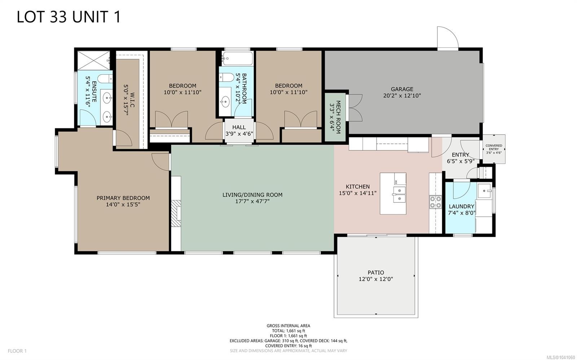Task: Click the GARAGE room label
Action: (402, 89)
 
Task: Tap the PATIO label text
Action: (376, 272)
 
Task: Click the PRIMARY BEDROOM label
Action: (123, 198)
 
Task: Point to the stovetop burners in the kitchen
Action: (435, 202)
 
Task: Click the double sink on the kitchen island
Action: (399, 194)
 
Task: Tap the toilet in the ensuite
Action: (105, 78)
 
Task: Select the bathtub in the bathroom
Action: (238, 58)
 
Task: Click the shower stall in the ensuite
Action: (94, 60)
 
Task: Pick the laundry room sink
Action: (484, 191)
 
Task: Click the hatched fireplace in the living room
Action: (176, 214)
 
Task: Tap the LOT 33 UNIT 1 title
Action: (69, 17)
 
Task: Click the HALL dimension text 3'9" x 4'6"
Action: (239, 134)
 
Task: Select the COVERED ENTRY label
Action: (494, 147)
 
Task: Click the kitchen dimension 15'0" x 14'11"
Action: (357, 193)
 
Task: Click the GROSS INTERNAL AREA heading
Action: (288, 326)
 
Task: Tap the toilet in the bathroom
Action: (226, 77)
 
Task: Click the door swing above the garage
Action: (448, 37)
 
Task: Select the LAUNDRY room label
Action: (461, 206)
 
